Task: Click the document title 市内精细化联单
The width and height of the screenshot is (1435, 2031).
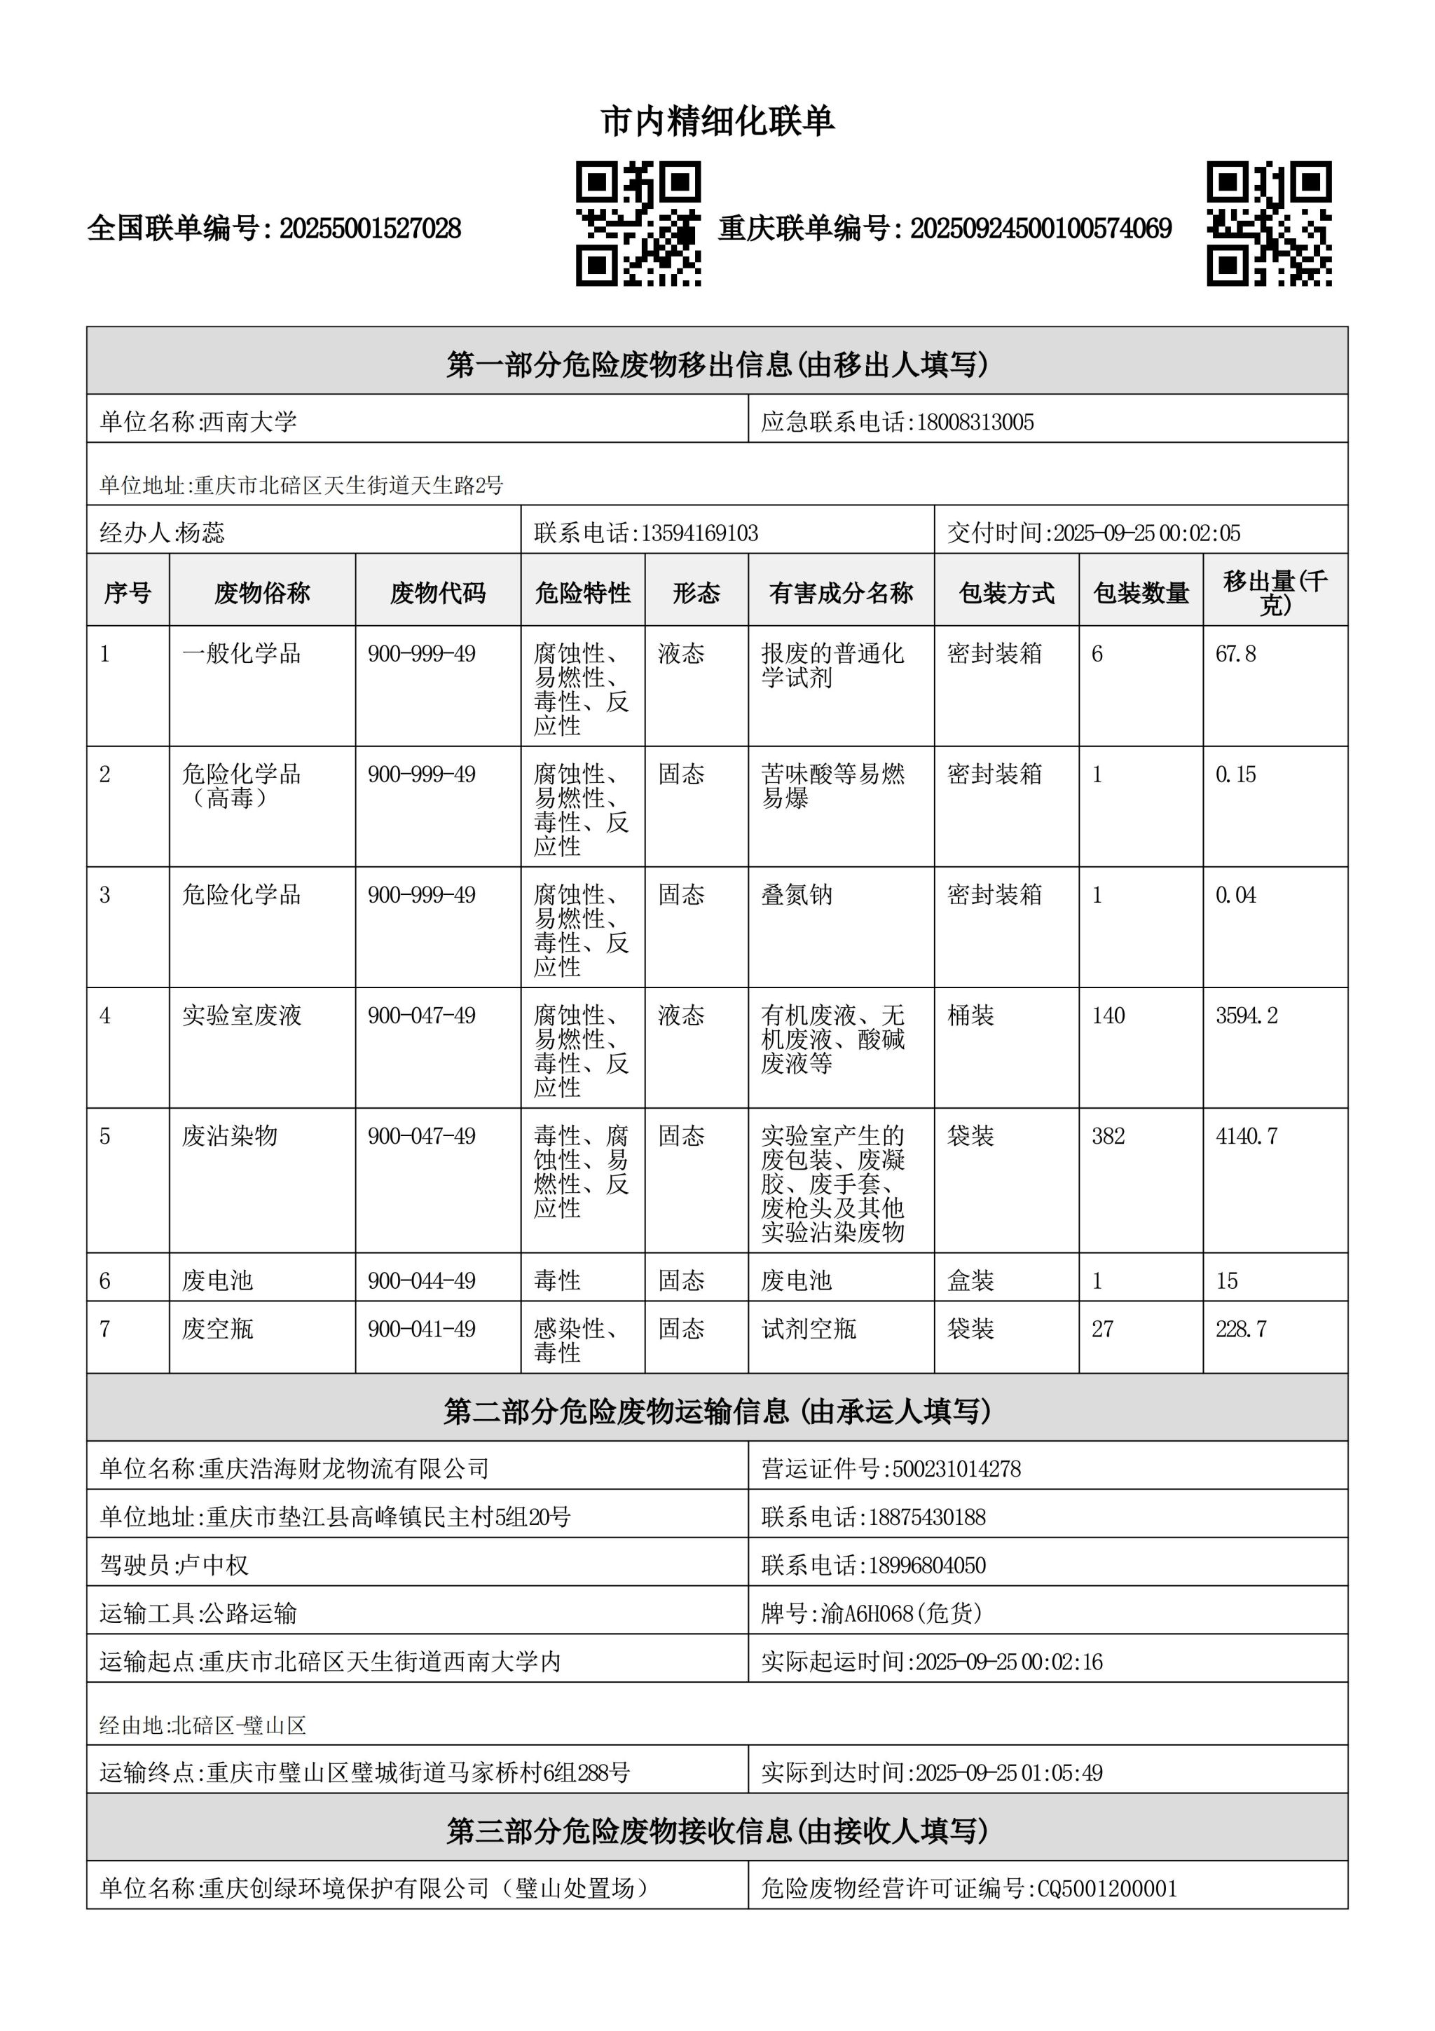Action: [x=717, y=121]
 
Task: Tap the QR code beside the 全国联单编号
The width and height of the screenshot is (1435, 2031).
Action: [x=638, y=224]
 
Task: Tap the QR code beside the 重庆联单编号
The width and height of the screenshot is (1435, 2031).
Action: [x=1269, y=224]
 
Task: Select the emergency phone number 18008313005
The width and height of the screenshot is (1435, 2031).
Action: [x=975, y=422]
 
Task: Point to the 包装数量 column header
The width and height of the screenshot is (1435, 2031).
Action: [x=1141, y=593]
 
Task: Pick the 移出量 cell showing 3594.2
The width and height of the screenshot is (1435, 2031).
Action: [x=1247, y=1015]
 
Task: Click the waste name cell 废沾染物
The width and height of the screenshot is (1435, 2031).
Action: [x=230, y=1136]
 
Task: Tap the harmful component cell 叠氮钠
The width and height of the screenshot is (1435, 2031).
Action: [x=797, y=895]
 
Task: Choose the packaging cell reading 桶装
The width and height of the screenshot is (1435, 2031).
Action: [x=971, y=1015]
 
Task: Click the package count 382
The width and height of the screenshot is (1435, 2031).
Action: [x=1108, y=1136]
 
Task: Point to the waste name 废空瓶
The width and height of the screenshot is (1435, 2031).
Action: [x=217, y=1329]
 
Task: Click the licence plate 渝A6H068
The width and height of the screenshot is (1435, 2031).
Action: [x=867, y=1613]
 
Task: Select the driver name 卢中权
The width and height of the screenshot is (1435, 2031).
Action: [x=213, y=1565]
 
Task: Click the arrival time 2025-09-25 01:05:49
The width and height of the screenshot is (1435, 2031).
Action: [x=1009, y=1772]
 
